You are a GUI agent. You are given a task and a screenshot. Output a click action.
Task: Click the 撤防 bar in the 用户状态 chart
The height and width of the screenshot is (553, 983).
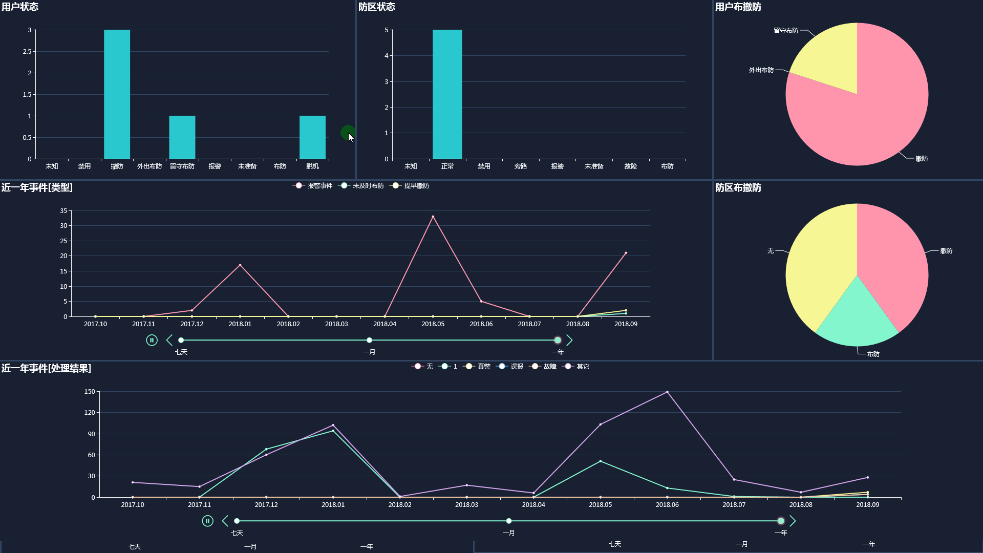(117, 94)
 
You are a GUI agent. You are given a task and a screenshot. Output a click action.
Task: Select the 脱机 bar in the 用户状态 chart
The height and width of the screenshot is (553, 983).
(312, 137)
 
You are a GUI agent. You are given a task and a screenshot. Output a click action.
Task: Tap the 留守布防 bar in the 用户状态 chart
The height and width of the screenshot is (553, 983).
(182, 137)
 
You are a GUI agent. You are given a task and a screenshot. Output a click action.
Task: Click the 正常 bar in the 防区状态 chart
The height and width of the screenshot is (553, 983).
(447, 94)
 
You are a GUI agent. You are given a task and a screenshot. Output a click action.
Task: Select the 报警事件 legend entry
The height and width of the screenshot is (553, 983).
(313, 186)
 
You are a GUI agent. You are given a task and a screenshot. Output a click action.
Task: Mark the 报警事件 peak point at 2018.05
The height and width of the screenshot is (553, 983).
(433, 217)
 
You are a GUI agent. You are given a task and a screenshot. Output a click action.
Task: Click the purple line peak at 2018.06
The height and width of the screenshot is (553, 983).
(667, 392)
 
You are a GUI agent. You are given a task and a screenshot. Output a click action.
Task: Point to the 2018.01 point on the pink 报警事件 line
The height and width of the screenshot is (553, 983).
(240, 265)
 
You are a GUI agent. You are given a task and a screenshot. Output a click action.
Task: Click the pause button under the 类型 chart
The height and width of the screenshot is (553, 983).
(152, 340)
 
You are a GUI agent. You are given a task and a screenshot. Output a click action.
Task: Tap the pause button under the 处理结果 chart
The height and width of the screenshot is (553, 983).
(207, 521)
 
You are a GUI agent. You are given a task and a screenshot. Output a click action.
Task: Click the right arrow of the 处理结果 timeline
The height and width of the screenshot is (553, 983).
(793, 521)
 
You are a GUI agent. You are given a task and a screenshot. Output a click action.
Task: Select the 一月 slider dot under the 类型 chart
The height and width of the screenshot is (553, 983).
(369, 340)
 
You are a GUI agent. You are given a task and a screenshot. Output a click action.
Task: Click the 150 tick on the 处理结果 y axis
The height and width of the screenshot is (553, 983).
(90, 392)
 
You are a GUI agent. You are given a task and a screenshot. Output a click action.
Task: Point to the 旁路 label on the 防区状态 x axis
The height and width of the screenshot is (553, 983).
(521, 166)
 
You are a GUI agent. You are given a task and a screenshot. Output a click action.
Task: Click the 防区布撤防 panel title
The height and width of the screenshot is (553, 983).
(738, 188)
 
